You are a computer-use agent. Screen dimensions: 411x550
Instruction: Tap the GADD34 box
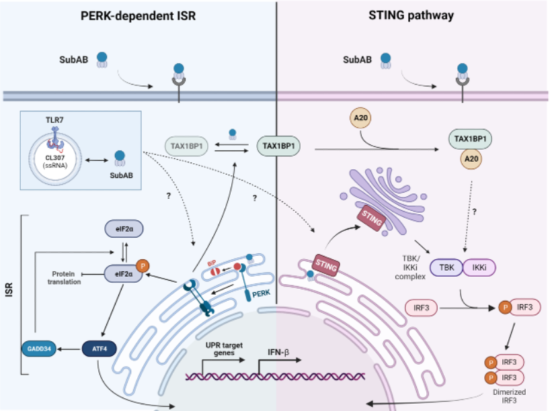click(x=38, y=349)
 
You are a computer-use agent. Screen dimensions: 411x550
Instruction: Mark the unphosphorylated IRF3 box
click(x=421, y=309)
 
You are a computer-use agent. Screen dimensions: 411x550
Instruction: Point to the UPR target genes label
click(x=222, y=349)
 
